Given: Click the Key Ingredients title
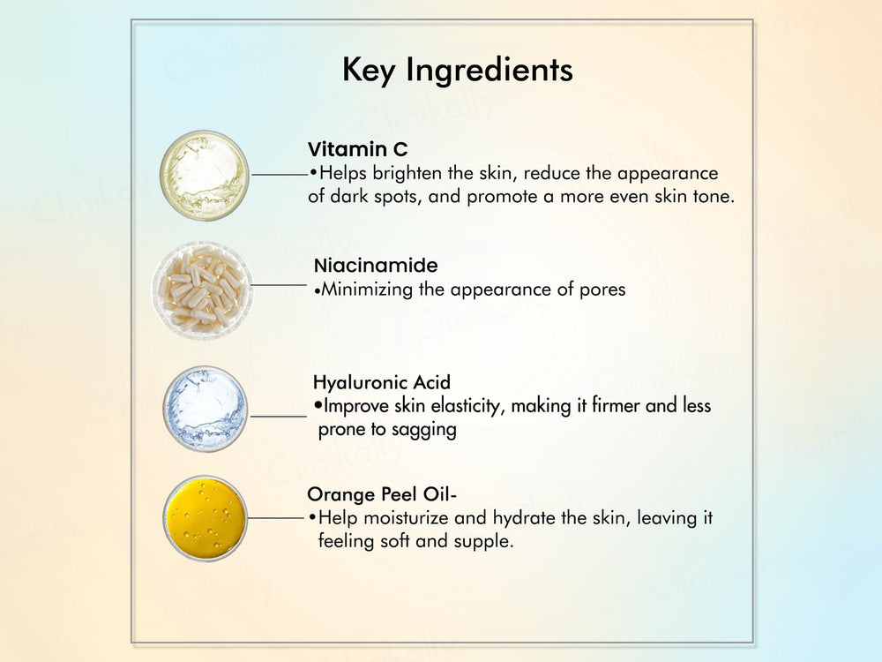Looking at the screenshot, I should tap(457, 71).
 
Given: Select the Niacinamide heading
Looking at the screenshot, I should tap(376, 266).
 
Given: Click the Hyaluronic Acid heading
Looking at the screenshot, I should tap(381, 383).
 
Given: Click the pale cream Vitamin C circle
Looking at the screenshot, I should tap(205, 175).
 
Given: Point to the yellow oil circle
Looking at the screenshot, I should tap(205, 518).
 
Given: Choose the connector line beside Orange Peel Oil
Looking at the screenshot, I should tap(278, 518).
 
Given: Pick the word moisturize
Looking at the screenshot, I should tap(401, 518).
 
